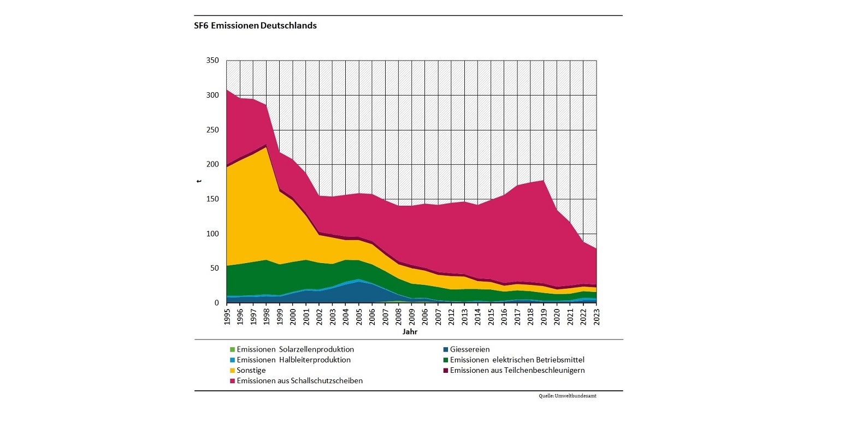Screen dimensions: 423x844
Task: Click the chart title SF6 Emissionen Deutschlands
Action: (x=255, y=26)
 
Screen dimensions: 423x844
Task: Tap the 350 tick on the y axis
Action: (x=213, y=61)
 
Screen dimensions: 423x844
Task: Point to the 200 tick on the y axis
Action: (x=213, y=164)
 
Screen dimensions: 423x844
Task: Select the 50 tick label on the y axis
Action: (x=215, y=268)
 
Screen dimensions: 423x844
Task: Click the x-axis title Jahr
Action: (x=411, y=331)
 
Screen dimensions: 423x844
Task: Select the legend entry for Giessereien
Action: (x=470, y=349)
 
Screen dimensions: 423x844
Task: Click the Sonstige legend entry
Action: (x=251, y=370)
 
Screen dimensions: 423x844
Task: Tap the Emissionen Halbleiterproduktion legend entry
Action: (x=293, y=360)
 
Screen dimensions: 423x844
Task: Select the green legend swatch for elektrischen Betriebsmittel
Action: (x=446, y=360)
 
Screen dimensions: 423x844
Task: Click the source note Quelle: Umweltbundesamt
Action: (x=567, y=396)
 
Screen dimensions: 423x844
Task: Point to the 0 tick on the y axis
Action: (x=217, y=303)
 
